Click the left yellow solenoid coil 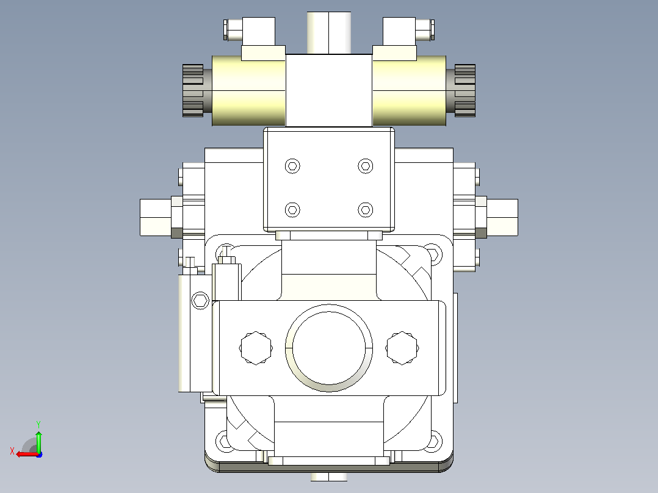pyautogui.click(x=248, y=91)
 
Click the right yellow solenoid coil pyautogui.click(x=409, y=91)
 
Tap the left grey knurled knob pyautogui.click(x=193, y=91)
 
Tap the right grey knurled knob pyautogui.click(x=465, y=91)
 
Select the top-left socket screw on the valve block pyautogui.click(x=292, y=166)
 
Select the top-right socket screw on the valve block pyautogui.click(x=366, y=166)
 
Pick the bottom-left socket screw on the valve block pyautogui.click(x=292, y=210)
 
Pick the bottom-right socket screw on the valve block pyautogui.click(x=366, y=210)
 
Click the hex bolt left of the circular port pyautogui.click(x=256, y=348)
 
